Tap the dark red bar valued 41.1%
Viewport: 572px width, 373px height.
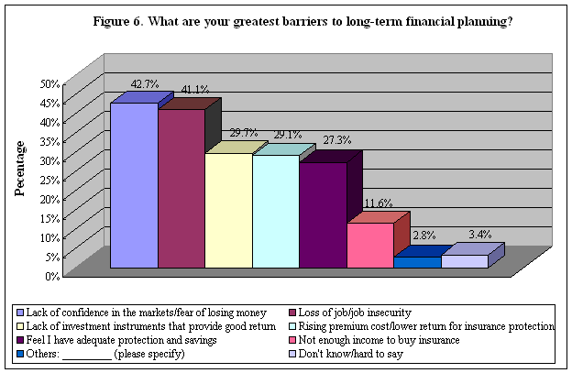[x=181, y=189]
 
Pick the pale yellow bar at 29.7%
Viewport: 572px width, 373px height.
[x=228, y=211]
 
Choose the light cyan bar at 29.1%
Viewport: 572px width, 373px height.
[x=276, y=212]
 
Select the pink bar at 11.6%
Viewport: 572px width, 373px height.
[x=370, y=245]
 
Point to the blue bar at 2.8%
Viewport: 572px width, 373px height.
[x=417, y=262]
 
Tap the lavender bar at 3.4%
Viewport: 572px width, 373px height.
[x=465, y=261]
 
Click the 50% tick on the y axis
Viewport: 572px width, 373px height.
[x=49, y=83]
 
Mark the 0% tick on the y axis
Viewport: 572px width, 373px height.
[x=51, y=275]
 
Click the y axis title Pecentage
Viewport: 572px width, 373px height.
[x=19, y=168]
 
